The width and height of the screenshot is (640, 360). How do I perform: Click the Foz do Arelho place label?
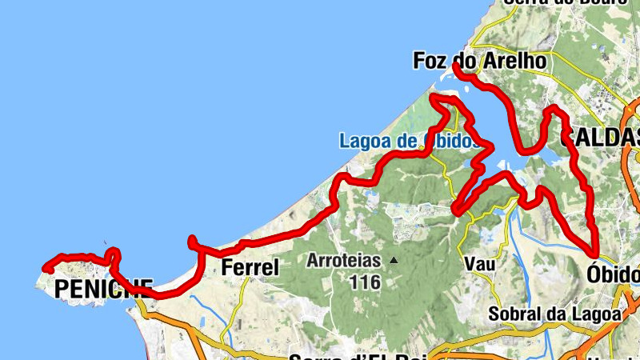[479, 61]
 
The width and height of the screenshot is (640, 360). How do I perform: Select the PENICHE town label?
[103, 289]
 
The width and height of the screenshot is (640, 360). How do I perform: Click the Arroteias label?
[343, 261]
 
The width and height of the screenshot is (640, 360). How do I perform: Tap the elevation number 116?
[365, 282]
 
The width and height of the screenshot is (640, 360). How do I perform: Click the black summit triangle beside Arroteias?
[394, 261]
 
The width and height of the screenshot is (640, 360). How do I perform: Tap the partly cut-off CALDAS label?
[601, 138]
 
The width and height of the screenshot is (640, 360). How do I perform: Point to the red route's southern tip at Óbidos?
[596, 254]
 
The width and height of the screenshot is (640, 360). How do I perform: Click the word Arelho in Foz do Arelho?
[514, 61]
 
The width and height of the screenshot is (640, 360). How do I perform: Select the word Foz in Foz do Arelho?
[430, 61]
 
